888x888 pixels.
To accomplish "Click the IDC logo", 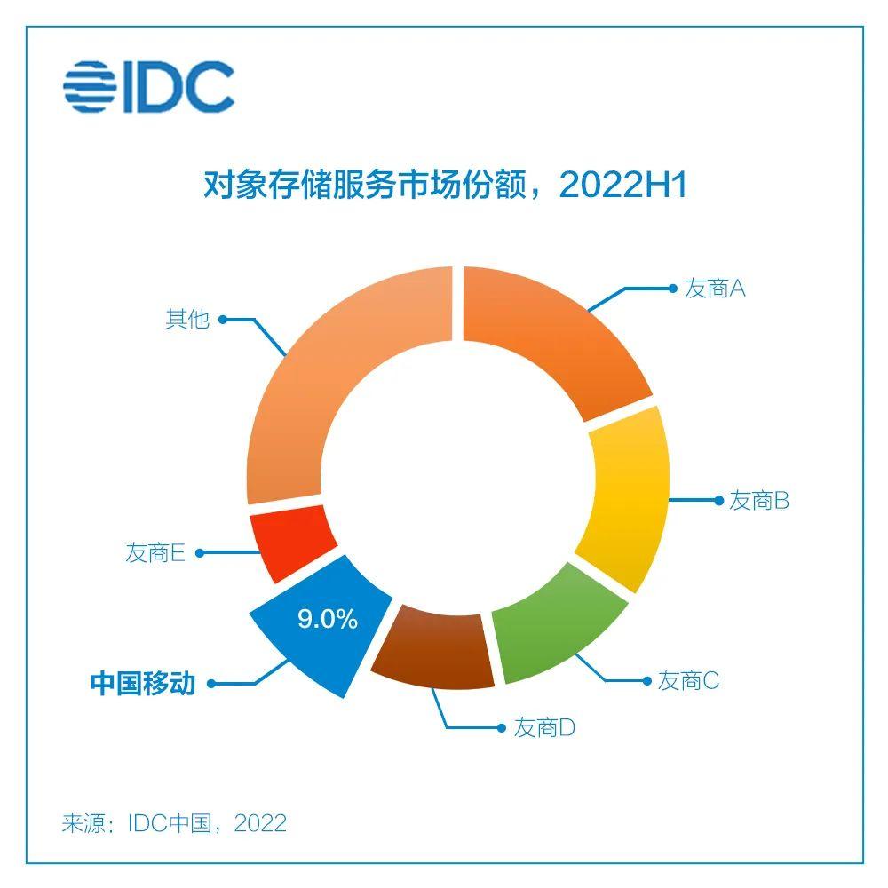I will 148,86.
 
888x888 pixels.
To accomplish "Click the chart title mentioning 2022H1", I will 444,187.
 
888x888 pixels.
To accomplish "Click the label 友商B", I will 759,501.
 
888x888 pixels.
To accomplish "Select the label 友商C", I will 688,681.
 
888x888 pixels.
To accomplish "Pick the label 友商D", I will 545,728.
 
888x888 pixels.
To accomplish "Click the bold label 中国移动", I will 142,684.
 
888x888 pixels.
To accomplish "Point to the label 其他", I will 186,319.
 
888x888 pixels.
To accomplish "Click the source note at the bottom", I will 174,822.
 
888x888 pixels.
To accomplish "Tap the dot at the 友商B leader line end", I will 719,501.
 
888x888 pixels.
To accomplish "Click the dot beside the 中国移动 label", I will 213,684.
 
